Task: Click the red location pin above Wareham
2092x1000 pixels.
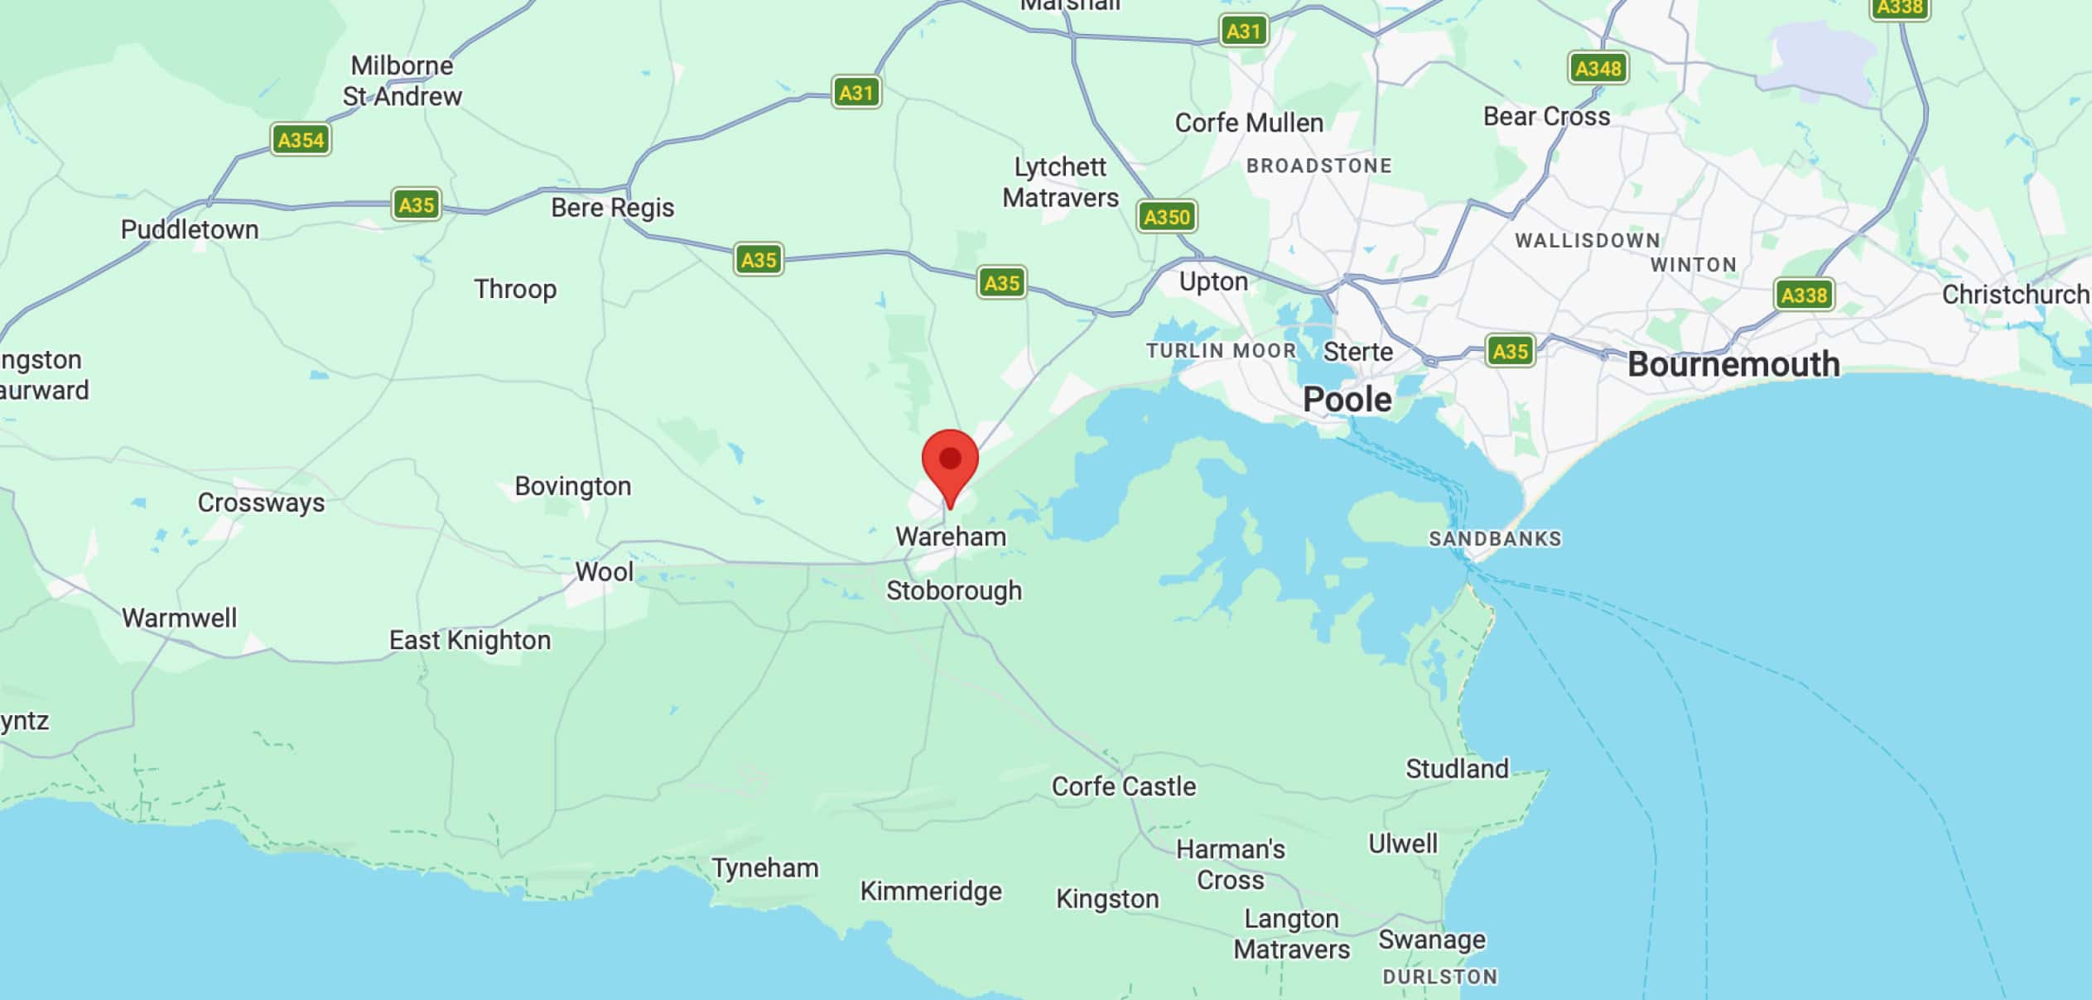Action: pyautogui.click(x=950, y=461)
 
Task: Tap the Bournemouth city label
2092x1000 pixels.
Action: pyautogui.click(x=1733, y=365)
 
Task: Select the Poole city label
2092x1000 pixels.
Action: pyautogui.click(x=1347, y=400)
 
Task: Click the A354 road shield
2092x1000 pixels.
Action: pyautogui.click(x=301, y=139)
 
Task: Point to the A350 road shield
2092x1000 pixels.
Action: pyautogui.click(x=1166, y=217)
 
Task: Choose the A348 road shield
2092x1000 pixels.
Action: pyautogui.click(x=1598, y=68)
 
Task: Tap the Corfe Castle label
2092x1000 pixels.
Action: pyautogui.click(x=1123, y=786)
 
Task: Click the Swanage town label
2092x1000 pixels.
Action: pyautogui.click(x=1431, y=940)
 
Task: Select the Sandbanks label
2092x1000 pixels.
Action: pyautogui.click(x=1495, y=539)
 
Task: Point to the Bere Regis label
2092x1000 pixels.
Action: pyautogui.click(x=612, y=207)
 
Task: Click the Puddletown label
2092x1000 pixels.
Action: pyautogui.click(x=190, y=229)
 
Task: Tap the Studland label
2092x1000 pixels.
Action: pyautogui.click(x=1457, y=769)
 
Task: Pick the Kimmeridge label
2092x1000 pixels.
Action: pyautogui.click(x=931, y=891)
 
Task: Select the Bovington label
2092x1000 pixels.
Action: pyautogui.click(x=572, y=486)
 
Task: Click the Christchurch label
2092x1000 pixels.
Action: pyautogui.click(x=2015, y=295)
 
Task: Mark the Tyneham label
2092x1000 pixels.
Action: pyautogui.click(x=765, y=868)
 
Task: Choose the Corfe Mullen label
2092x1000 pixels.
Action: pyautogui.click(x=1249, y=123)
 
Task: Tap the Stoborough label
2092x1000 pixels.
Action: pyautogui.click(x=954, y=591)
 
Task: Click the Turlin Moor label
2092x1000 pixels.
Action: pyautogui.click(x=1221, y=351)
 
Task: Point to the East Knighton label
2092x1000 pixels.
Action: pyautogui.click(x=470, y=641)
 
